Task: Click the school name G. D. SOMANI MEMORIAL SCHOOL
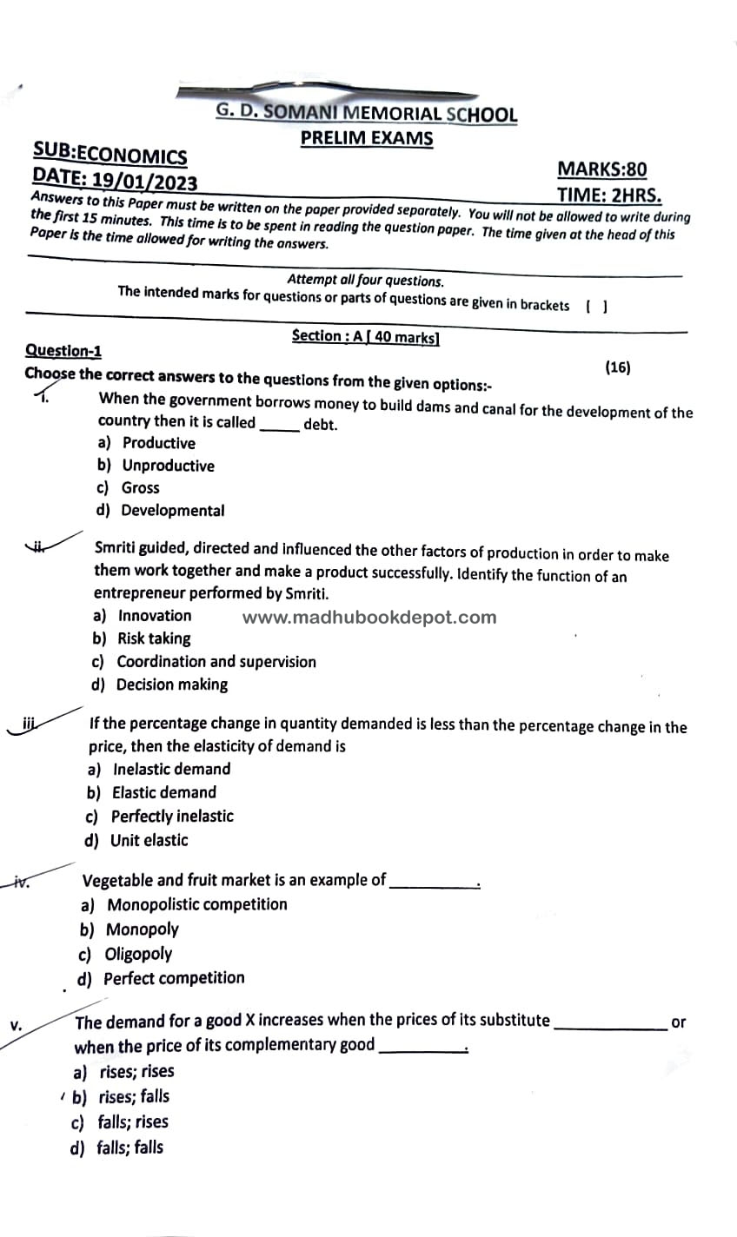coord(366,114)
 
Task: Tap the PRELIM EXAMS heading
coord(366,139)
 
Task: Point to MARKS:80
coord(601,169)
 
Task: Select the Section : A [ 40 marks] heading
coord(366,337)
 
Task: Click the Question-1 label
coord(63,351)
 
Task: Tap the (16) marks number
coord(617,367)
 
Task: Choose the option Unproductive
coord(167,466)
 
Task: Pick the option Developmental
coord(172,511)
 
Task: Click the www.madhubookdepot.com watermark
coord(369,618)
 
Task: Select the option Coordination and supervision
coord(216,662)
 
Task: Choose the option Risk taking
coord(153,638)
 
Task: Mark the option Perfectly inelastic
coord(171,817)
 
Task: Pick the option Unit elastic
coord(149,840)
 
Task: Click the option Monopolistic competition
coord(196,904)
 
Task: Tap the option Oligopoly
coord(138,954)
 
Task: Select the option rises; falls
coord(134,1096)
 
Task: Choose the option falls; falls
coord(129,1148)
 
